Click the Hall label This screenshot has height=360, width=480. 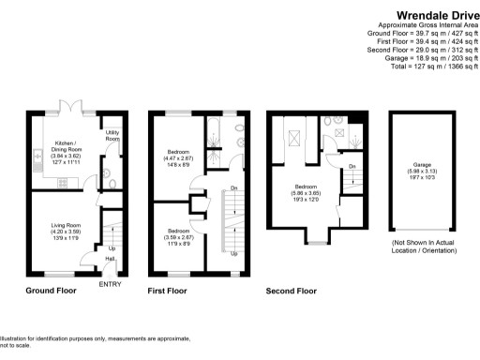pos(110,260)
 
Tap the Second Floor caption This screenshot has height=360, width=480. pos(291,291)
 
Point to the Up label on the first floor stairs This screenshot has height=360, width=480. pos(232,253)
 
